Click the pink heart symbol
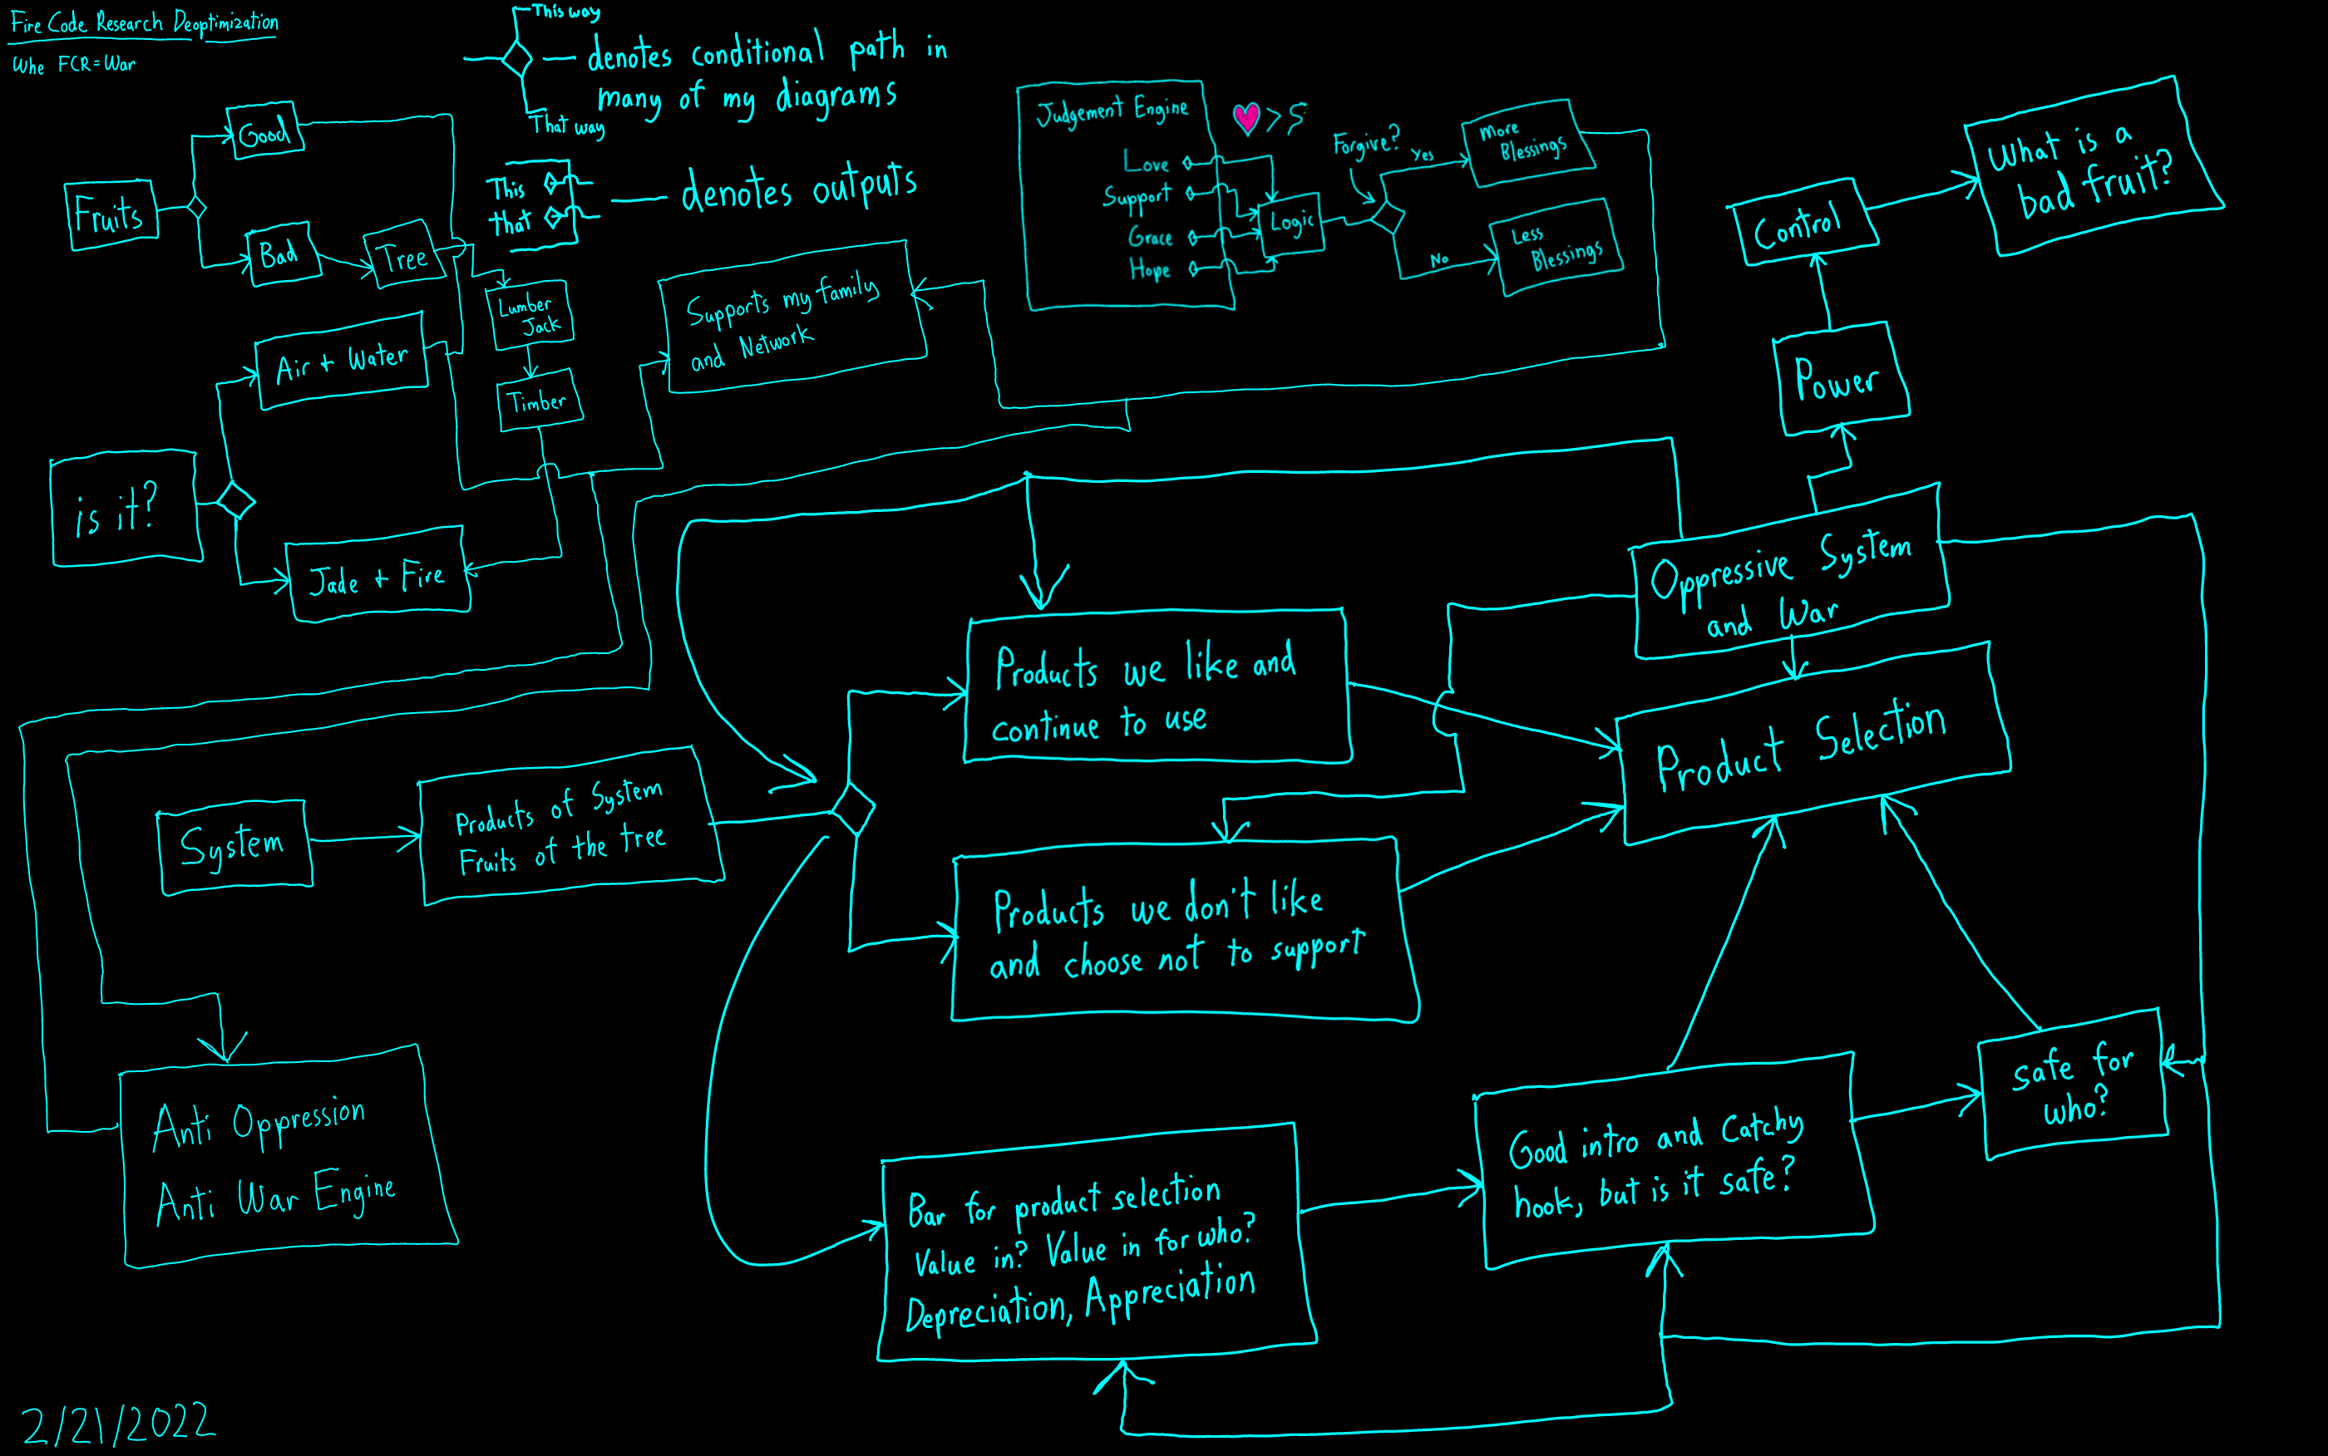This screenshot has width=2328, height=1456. point(1246,117)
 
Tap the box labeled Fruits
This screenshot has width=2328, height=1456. point(111,214)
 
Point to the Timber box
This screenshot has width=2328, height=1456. point(540,401)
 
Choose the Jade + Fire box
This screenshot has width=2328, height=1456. point(377,577)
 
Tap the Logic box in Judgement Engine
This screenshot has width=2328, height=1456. point(1291,224)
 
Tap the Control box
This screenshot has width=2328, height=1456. point(1800,224)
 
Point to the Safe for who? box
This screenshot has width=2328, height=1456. point(2073,1085)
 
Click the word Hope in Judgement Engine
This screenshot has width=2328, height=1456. point(1150,269)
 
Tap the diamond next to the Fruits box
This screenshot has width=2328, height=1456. point(196,207)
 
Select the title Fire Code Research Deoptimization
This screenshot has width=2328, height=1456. point(145,23)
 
